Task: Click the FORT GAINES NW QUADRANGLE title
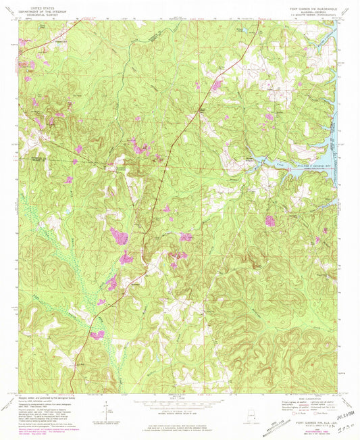click(308, 4)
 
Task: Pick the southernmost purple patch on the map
click(97, 335)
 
